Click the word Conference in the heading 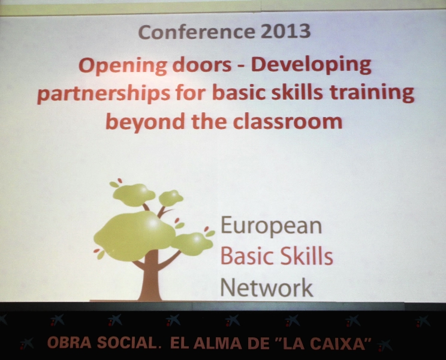[x=197, y=32]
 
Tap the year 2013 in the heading [x=286, y=31]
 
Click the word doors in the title [x=202, y=65]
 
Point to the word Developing [x=311, y=66]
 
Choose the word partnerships [x=104, y=94]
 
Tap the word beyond [x=145, y=122]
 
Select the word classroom [x=288, y=121]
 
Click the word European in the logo [x=272, y=226]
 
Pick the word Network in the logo [x=267, y=287]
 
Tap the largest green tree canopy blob [x=134, y=236]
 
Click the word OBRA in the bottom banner [x=69, y=343]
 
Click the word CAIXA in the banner [x=337, y=343]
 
